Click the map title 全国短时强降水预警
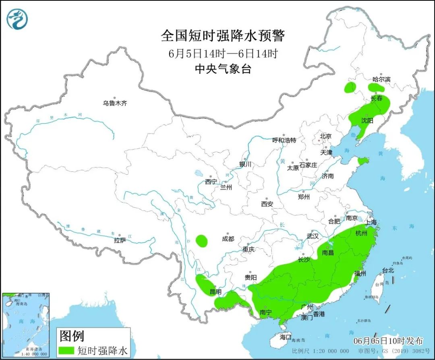[x=223, y=36]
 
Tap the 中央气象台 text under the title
[x=223, y=69]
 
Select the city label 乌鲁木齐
[x=115, y=103]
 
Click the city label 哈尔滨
[x=381, y=79]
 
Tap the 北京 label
[x=325, y=137]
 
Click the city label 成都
[x=228, y=239]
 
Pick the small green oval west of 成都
[x=202, y=241]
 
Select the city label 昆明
[x=215, y=292]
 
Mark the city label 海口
[x=285, y=337]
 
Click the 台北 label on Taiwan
[x=388, y=271]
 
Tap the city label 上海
[x=371, y=222]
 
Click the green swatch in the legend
[x=66, y=350]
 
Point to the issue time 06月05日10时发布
[x=388, y=341]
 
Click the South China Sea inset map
[x=25, y=325]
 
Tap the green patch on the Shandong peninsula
[x=362, y=161]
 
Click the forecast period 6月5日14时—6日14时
[x=223, y=53]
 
